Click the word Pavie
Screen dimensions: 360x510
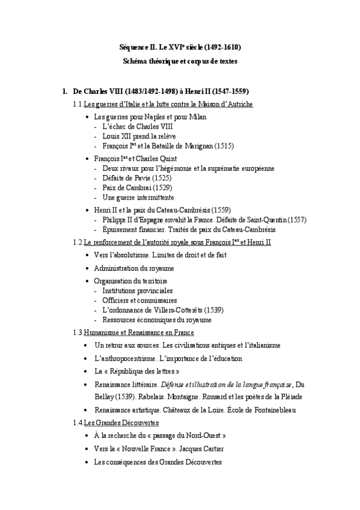139,178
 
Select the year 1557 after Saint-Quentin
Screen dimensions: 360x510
296,220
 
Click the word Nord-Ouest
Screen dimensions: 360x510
203,435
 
